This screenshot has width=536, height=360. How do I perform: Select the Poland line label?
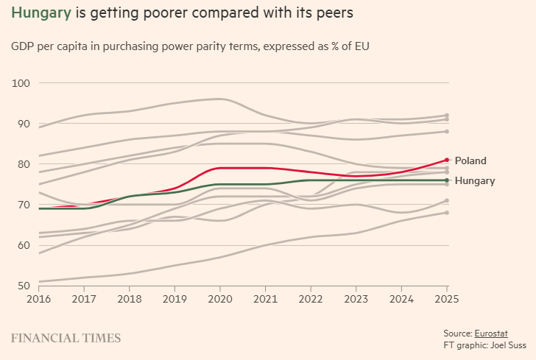(470, 160)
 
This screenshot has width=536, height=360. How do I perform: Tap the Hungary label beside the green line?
(475, 180)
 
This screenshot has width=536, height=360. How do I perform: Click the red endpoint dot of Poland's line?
(447, 160)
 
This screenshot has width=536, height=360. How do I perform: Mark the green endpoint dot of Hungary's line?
(447, 180)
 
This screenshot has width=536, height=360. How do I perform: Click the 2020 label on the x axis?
(221, 300)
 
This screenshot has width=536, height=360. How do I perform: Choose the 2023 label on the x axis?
(356, 300)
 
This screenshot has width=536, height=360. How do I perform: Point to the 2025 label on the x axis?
(447, 300)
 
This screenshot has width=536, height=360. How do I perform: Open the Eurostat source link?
(491, 333)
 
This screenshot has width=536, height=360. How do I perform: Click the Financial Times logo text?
(66, 338)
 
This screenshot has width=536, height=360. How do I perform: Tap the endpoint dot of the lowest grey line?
(447, 213)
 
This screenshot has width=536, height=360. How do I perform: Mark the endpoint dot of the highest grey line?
(447, 116)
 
